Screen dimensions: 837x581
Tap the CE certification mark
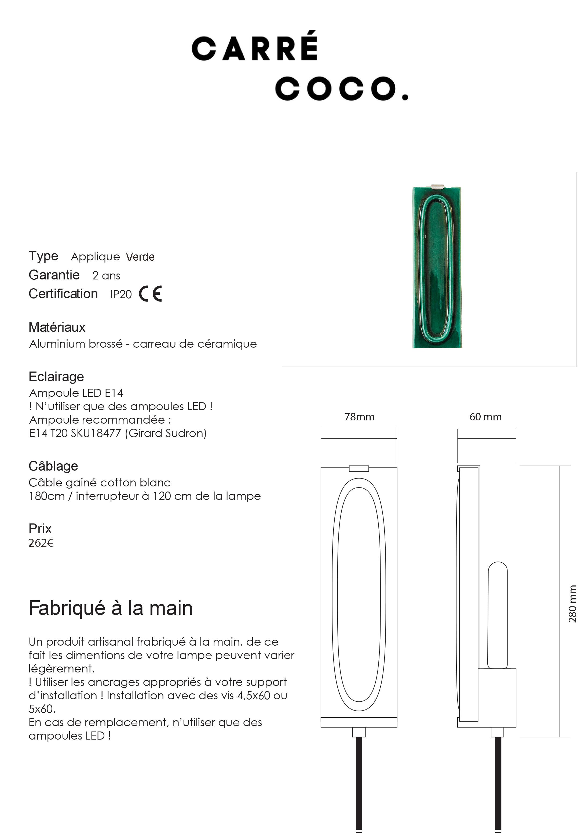[150, 294]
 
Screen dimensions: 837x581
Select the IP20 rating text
[121, 294]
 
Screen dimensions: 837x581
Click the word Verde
[140, 257]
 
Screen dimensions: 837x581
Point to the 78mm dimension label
[359, 417]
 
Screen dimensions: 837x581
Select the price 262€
[41, 543]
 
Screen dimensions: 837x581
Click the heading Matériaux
[57, 327]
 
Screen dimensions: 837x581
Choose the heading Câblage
[53, 466]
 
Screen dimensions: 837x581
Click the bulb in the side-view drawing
[497, 615]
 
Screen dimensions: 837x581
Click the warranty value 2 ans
[106, 276]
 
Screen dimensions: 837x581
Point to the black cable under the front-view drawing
[359, 783]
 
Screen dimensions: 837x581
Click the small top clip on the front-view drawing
[359, 468]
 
